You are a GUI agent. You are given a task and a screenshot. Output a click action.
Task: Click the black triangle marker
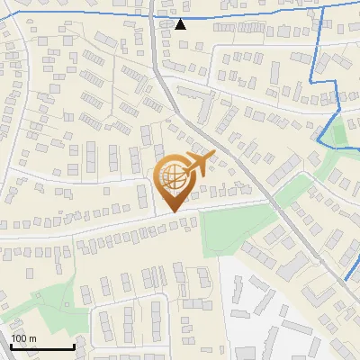[181, 24]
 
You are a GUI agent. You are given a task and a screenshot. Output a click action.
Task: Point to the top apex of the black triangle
[181, 19]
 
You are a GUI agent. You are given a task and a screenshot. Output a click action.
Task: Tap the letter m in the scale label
[33, 339]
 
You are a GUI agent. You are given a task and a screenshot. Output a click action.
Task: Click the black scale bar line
[42, 347]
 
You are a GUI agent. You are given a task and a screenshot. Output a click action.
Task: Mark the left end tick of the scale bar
[12, 346]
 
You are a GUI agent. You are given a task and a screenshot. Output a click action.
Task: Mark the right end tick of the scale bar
[74, 346]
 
